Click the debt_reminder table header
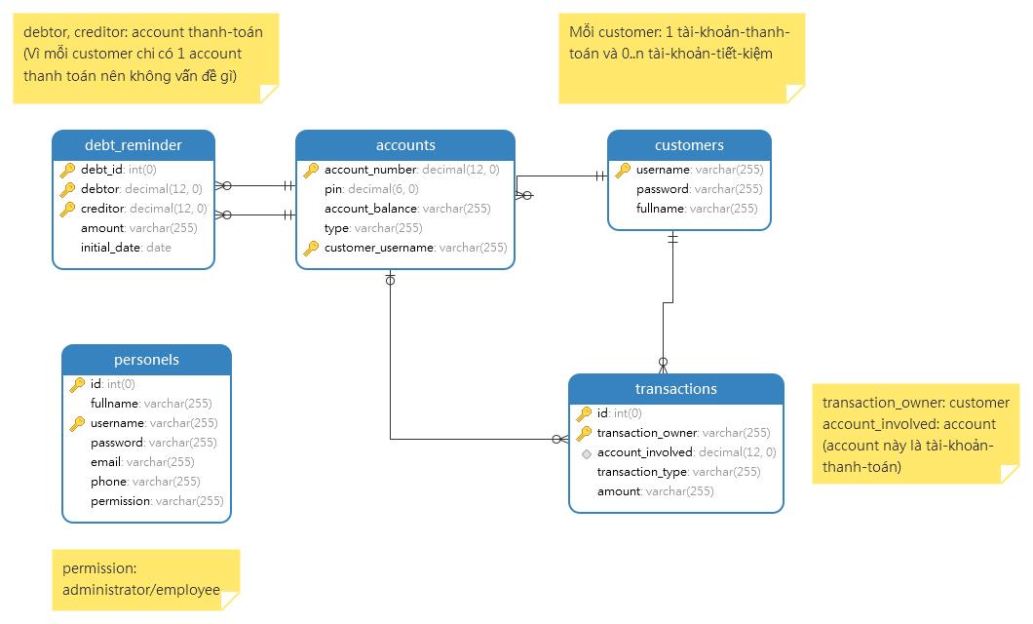(x=133, y=145)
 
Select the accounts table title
(x=404, y=145)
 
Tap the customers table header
(x=689, y=145)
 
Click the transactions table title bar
(x=675, y=389)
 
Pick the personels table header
(x=146, y=360)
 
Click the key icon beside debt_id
(x=68, y=170)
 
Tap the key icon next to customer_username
(x=311, y=248)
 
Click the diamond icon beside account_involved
(x=585, y=452)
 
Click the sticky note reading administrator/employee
(x=145, y=580)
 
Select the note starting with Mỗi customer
(x=681, y=57)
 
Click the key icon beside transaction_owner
(x=585, y=433)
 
